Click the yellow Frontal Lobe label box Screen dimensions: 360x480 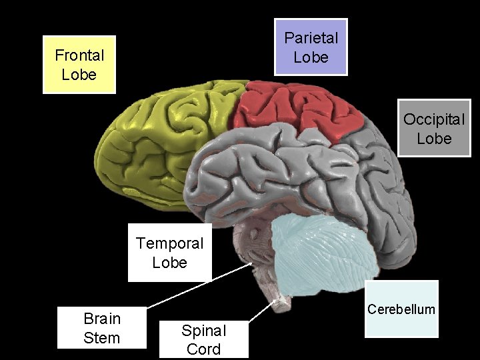point(79,64)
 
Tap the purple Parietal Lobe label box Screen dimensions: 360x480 point(311,47)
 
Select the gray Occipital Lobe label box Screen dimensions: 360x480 point(434,129)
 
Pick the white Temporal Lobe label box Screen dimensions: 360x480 point(169,253)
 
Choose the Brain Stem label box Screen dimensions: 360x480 point(101,327)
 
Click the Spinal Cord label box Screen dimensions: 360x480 point(204,339)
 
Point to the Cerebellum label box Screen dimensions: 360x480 point(402,309)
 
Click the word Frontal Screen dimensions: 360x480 point(79,55)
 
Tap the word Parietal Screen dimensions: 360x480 point(311,38)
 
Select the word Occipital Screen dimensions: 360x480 point(434,120)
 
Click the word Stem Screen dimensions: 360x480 point(102,337)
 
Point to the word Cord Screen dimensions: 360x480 point(204,349)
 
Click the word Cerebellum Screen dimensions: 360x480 point(402,309)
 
